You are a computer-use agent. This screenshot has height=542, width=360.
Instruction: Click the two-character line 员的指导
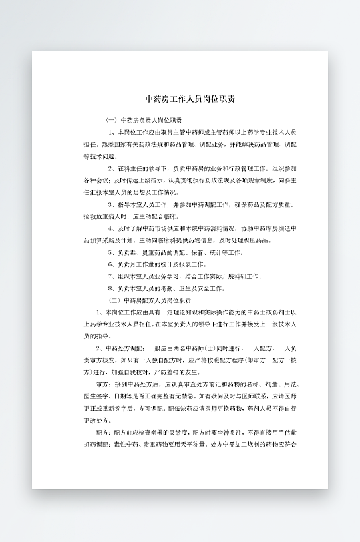(96, 336)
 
